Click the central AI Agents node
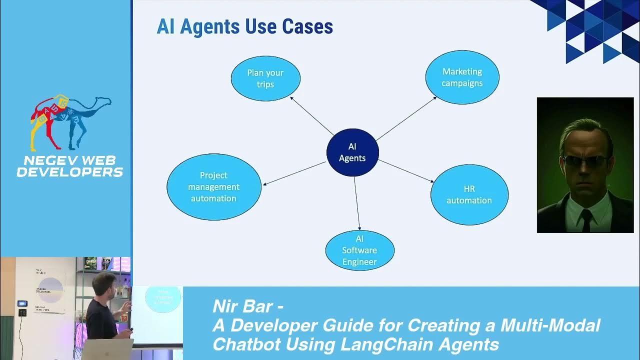pos(352,152)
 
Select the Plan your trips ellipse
pos(265,78)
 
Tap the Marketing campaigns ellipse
pos(462,77)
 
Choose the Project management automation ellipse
pos(213,187)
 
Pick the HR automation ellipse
pos(469,194)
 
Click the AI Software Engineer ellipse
pos(359,250)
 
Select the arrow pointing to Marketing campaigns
pos(406,118)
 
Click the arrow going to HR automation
pos(405,170)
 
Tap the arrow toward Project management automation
pos(294,173)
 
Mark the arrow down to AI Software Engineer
pos(357,202)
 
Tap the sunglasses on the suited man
pos(585,161)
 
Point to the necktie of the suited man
pos(586,220)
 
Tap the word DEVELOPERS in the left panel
pos(70,172)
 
